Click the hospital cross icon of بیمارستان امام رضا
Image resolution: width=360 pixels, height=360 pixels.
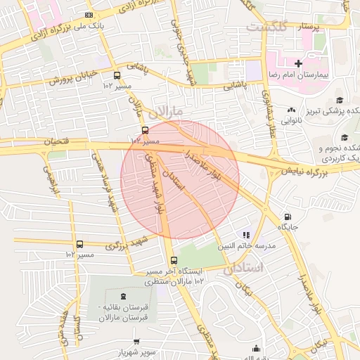(x=299, y=64)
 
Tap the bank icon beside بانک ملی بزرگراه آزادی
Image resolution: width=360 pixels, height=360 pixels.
(x=88, y=15)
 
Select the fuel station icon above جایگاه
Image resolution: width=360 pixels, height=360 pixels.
(x=287, y=217)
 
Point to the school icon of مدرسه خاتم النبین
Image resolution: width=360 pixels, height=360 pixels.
(x=245, y=235)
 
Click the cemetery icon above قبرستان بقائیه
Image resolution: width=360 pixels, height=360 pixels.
(x=124, y=296)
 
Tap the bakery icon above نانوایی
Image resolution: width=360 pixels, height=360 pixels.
(x=291, y=110)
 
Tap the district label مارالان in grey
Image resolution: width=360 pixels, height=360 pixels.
(x=167, y=111)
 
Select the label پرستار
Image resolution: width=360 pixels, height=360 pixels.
(x=306, y=26)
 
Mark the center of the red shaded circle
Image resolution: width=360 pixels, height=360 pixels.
(x=180, y=179)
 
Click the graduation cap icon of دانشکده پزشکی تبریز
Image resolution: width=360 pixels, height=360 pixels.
(x=340, y=100)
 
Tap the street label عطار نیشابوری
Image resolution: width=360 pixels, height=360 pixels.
(x=269, y=115)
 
